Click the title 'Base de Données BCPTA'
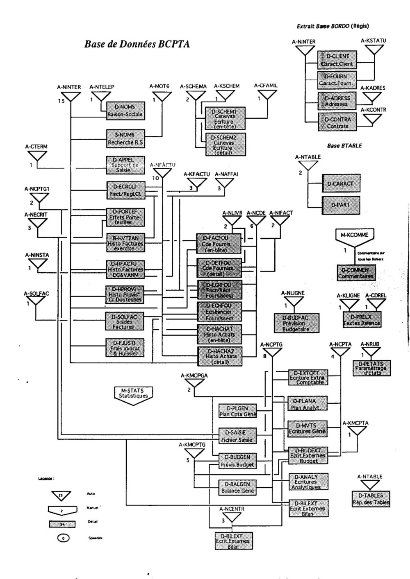(137, 44)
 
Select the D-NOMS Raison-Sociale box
(125, 111)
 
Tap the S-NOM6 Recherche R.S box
(125, 138)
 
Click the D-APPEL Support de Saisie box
(125, 165)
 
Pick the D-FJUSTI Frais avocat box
(125, 348)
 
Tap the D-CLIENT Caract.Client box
(337, 60)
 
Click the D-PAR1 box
(340, 204)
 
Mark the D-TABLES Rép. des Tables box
(371, 499)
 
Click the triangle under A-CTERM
(37, 156)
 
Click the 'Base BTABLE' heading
(344, 146)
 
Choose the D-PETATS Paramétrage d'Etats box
(372, 368)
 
